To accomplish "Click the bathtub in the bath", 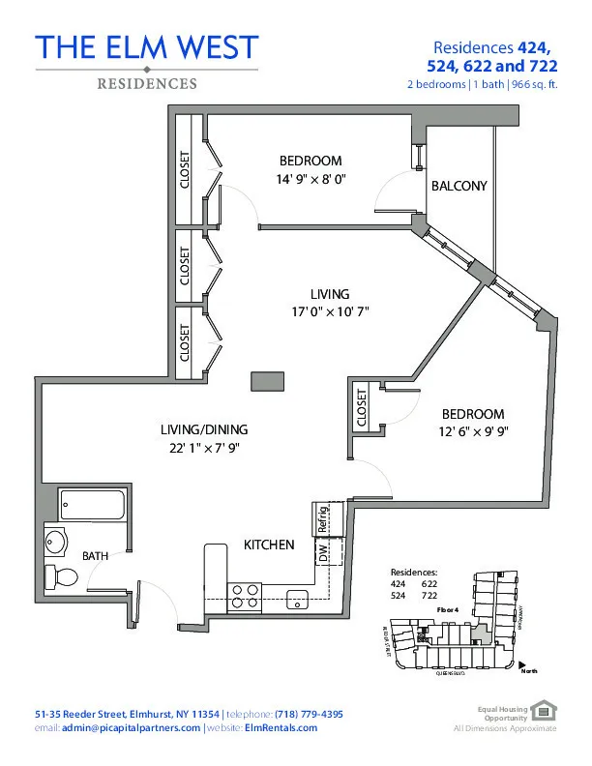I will (93, 504).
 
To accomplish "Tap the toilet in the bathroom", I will (65, 577).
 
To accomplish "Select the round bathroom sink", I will (56, 543).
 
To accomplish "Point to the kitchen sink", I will (298, 596).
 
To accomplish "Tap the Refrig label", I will (324, 519).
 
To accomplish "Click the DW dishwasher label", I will (323, 553).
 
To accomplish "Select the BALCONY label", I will (459, 186).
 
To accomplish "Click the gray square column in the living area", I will (267, 381).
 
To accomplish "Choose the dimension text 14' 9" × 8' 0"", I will (311, 179).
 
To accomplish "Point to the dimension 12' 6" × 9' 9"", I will (473, 431).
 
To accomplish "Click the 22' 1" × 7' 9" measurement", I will (204, 447).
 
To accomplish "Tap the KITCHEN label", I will (268, 545).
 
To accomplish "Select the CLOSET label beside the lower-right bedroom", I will (363, 406).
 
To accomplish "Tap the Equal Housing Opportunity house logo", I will (548, 712).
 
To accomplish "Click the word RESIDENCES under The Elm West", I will (147, 84).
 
